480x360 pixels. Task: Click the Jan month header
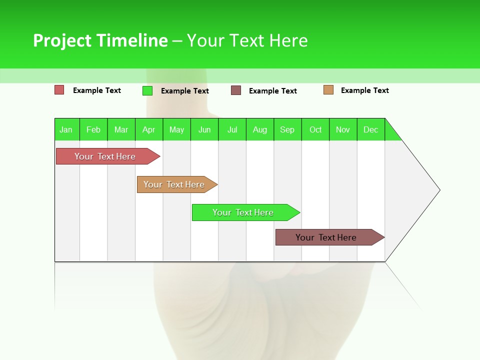coord(66,129)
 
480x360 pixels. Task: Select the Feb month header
coord(93,129)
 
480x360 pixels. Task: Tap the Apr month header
coord(148,129)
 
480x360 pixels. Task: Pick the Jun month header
coord(204,129)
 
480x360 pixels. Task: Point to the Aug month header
coord(259,129)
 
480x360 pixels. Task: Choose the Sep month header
coord(287,129)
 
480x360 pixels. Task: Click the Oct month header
coord(315,129)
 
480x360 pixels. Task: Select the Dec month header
coord(370,129)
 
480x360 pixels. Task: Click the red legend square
coord(59,90)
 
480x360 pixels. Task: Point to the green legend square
coord(147,90)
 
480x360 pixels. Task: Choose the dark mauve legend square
coord(236,90)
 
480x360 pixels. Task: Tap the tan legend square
coord(328,90)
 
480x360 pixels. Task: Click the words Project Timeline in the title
coord(100,40)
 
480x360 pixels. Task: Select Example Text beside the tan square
coord(364,90)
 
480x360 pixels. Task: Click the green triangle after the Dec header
coord(391,133)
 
